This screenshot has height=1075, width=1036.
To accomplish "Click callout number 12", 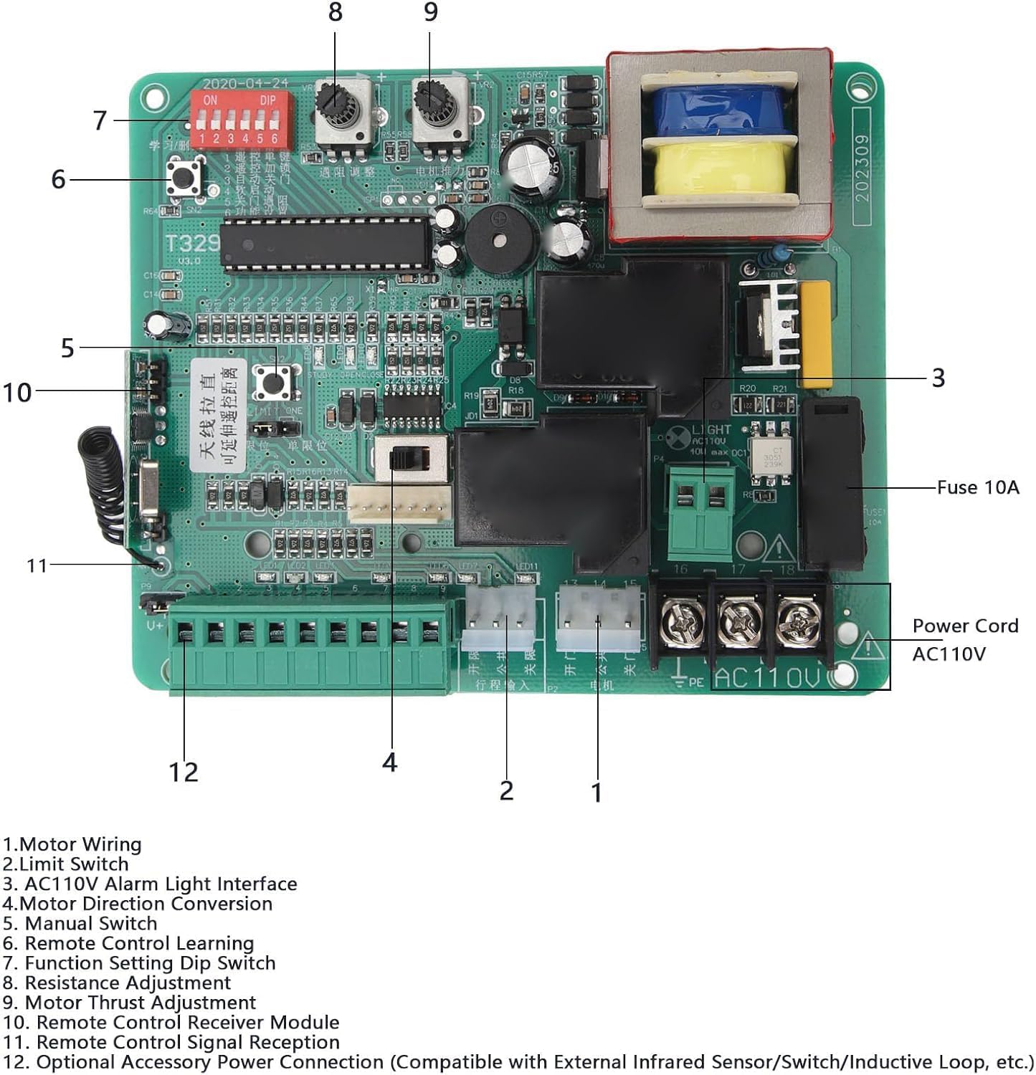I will pos(183,772).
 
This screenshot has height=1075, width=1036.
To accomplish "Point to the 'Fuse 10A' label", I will pos(978,487).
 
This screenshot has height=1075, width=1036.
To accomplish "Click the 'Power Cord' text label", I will pos(965,626).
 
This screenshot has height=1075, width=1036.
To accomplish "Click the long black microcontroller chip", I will pos(326,245).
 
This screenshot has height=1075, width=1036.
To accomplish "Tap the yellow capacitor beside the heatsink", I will pos(814,334).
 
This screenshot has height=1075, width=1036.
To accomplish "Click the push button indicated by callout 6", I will pos(184,178).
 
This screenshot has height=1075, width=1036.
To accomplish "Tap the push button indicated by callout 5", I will pos(275,380).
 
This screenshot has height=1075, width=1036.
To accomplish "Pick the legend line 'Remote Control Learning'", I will pos(129,943).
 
